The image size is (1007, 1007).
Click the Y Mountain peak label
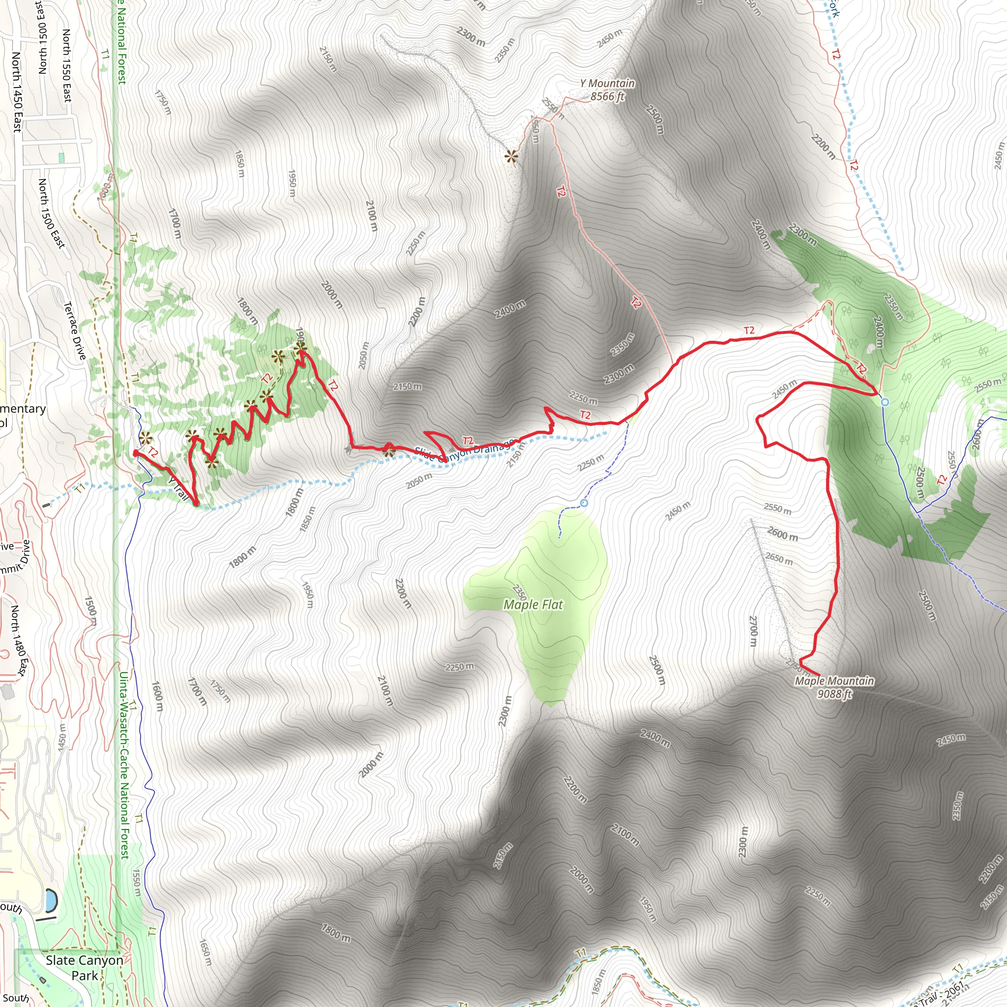(607, 84)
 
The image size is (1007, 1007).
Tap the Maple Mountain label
(834, 681)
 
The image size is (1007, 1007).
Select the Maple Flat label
(533, 605)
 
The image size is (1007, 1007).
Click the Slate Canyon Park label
(85, 967)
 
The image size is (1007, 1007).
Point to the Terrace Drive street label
(75, 330)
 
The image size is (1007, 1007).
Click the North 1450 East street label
(17, 92)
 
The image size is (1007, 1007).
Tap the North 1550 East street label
(67, 65)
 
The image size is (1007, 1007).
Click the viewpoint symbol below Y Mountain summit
(512, 156)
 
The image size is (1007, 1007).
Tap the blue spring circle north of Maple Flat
(584, 503)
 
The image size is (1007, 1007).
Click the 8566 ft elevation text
(607, 96)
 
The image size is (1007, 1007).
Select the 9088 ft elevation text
(834, 694)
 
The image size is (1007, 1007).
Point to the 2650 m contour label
(779, 559)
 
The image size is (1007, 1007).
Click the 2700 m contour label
(753, 631)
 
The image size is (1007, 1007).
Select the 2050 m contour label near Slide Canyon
(419, 480)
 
